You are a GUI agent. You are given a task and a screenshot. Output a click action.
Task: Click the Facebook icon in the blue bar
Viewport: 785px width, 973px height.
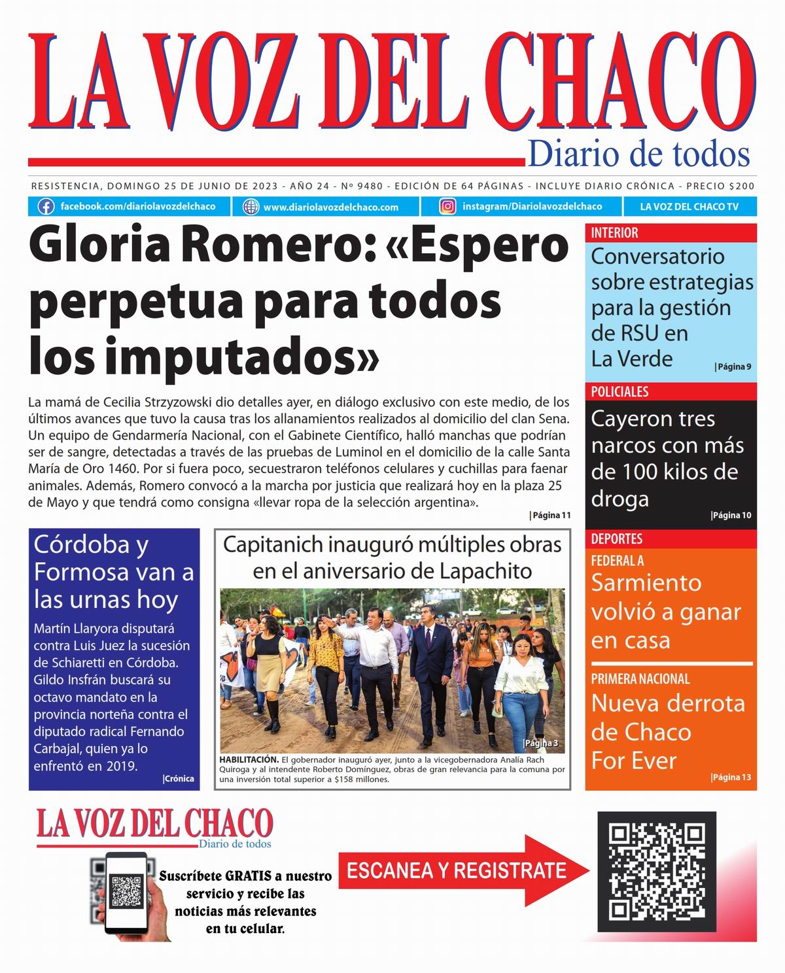pyautogui.click(x=46, y=207)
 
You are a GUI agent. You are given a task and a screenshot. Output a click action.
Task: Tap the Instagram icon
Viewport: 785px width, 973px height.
pyautogui.click(x=447, y=207)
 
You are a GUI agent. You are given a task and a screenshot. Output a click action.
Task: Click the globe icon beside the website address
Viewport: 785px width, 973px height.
pyautogui.click(x=251, y=207)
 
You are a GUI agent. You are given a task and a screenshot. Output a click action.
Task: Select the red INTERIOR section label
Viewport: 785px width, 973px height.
pyautogui.click(x=614, y=232)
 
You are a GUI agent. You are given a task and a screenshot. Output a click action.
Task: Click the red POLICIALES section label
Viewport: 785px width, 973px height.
pyautogui.click(x=619, y=391)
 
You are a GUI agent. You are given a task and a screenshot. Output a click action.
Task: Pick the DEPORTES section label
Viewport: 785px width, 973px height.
pyautogui.click(x=616, y=539)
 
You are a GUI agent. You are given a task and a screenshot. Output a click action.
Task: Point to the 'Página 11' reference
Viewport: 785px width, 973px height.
pyautogui.click(x=549, y=515)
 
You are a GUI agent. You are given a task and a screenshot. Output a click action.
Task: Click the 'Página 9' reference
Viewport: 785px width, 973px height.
pyautogui.click(x=733, y=366)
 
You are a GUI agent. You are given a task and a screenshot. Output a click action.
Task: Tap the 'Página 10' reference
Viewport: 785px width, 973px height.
pyautogui.click(x=731, y=515)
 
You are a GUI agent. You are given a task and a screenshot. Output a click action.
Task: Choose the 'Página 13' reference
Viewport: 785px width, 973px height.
pyautogui.click(x=731, y=777)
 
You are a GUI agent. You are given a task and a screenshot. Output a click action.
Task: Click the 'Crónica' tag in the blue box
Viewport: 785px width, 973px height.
pyautogui.click(x=178, y=779)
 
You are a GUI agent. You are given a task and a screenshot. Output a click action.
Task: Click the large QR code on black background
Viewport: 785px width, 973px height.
pyautogui.click(x=657, y=871)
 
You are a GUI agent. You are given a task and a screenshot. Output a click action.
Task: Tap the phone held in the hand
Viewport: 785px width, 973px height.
pyautogui.click(x=126, y=891)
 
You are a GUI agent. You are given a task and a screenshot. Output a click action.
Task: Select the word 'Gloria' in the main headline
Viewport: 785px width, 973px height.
pyautogui.click(x=97, y=245)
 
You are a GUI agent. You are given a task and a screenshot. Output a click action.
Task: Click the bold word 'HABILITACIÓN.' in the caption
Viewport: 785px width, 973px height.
pyautogui.click(x=249, y=760)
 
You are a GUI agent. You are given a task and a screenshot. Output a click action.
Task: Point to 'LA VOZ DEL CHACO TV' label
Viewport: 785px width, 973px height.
pyautogui.click(x=689, y=207)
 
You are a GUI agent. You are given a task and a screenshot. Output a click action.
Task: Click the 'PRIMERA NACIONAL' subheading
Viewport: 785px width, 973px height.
pyautogui.click(x=640, y=679)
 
